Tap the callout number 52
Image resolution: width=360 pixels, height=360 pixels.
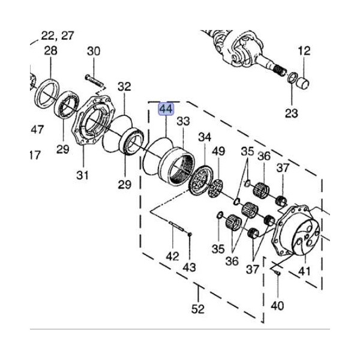point(198,309)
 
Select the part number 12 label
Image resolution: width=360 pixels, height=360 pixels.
point(304,51)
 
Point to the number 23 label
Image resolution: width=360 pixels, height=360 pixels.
point(292,113)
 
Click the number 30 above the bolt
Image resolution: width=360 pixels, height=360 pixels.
point(94,51)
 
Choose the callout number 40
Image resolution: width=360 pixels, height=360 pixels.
point(277,305)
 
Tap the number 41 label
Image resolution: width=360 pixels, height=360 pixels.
point(304,271)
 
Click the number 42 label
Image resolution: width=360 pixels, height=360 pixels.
point(172,256)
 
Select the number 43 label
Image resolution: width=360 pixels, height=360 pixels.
point(190,267)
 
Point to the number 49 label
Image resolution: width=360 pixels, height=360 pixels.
point(218,151)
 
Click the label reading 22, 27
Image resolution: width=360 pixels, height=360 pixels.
point(58,36)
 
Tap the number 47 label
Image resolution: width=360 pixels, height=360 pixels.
point(37,130)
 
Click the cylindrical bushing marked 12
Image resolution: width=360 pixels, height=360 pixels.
point(303,83)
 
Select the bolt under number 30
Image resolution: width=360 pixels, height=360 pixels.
point(95,80)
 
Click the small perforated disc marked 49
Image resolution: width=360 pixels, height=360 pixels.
point(215,188)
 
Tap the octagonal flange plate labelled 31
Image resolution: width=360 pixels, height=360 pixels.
point(93,121)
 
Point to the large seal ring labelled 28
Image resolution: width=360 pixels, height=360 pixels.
point(47,93)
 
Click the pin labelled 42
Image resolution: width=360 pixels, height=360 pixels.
point(176,226)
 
